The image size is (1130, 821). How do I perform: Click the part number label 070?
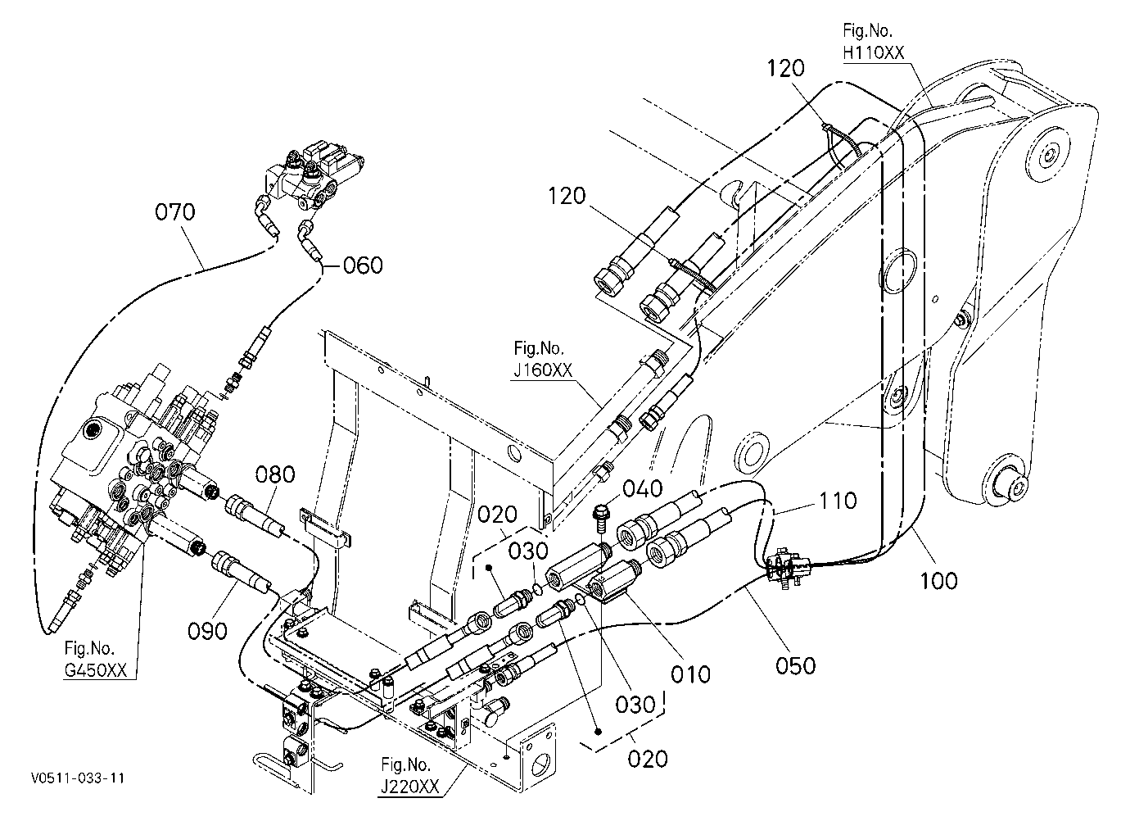pyautogui.click(x=174, y=212)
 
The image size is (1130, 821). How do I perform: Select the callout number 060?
pyautogui.click(x=363, y=265)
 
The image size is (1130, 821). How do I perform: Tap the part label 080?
pyautogui.click(x=275, y=474)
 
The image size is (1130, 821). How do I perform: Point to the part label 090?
pyautogui.click(x=207, y=631)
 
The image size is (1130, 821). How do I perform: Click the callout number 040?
pyautogui.click(x=642, y=489)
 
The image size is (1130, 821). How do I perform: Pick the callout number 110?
pyautogui.click(x=838, y=501)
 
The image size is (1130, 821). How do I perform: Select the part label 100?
pyautogui.click(x=939, y=581)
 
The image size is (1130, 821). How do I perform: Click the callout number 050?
pyautogui.click(x=796, y=666)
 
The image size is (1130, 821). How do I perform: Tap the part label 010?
pyautogui.click(x=690, y=674)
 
